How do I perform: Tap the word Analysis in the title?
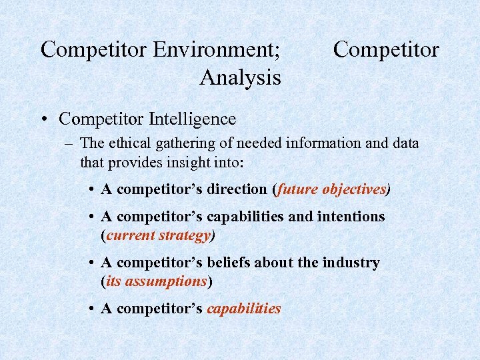[240, 78]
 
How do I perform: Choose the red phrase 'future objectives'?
[332, 189]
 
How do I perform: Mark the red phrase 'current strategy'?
[158, 235]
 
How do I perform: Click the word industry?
[351, 263]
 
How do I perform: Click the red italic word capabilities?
[244, 309]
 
